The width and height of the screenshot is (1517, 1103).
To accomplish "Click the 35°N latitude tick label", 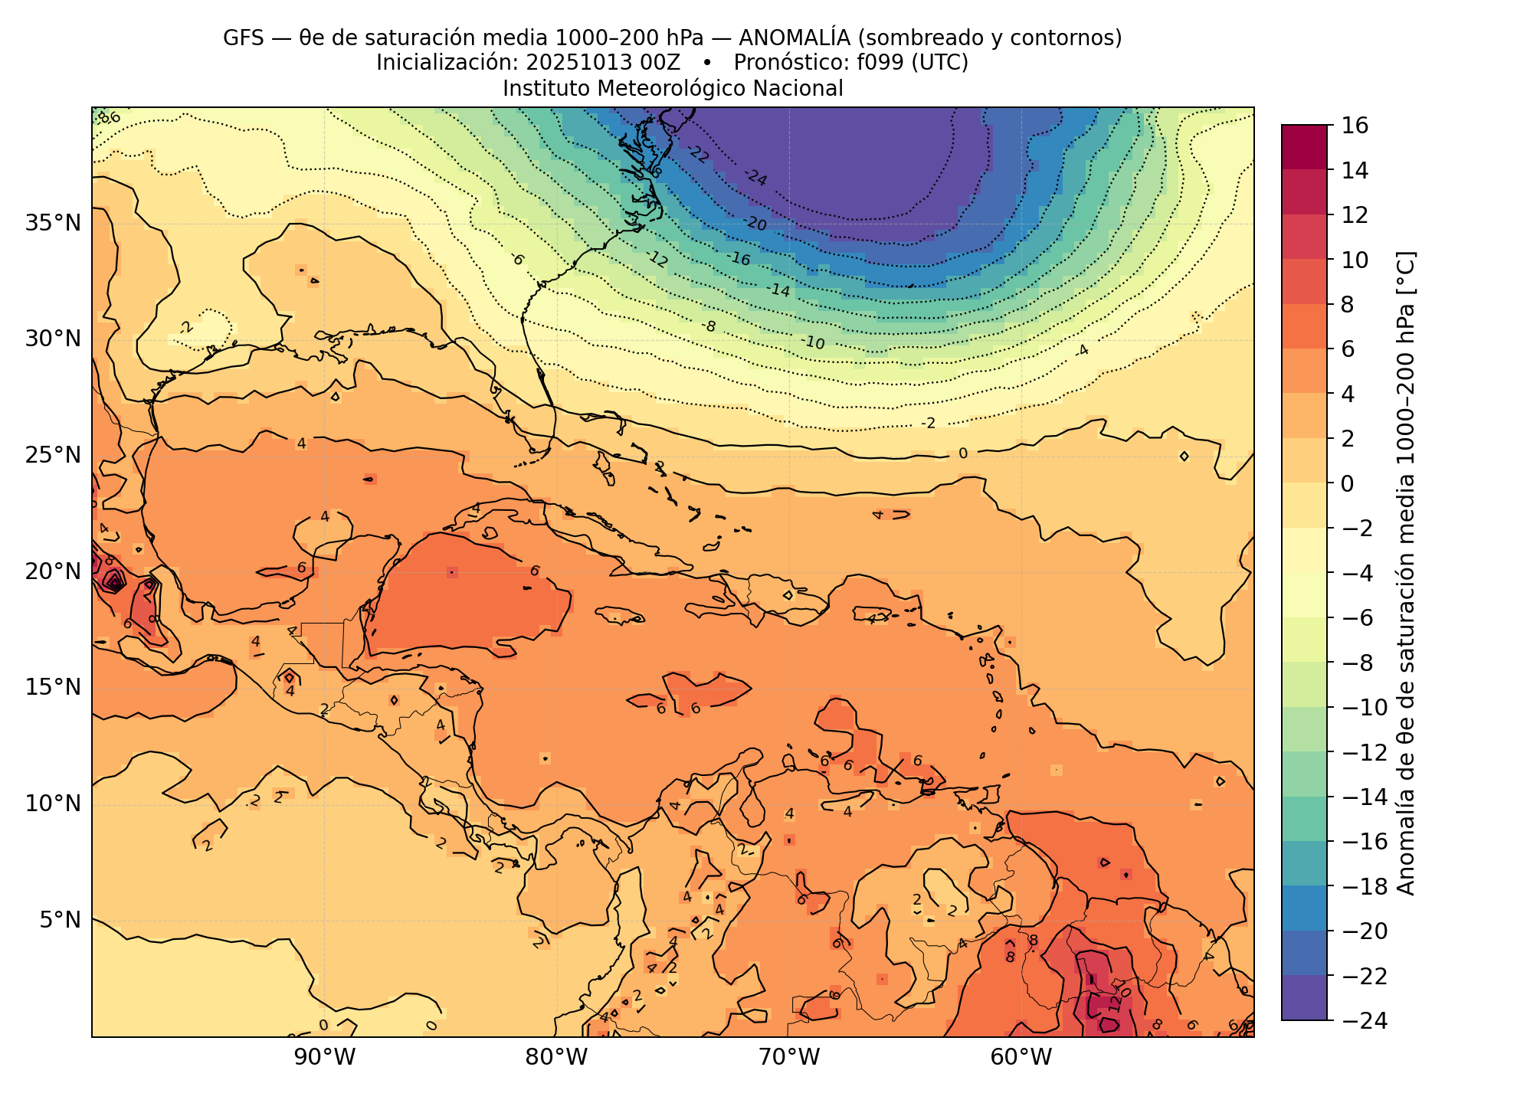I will (x=53, y=224).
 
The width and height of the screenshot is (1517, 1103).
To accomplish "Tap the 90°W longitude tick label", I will (x=325, y=1058).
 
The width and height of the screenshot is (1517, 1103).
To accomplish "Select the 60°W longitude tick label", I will (x=1021, y=1058).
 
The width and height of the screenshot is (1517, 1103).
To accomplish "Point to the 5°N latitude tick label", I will (x=59, y=919).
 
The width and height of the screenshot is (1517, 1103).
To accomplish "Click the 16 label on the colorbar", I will (x=1355, y=126).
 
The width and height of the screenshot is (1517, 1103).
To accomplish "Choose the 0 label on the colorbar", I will (x=1347, y=483).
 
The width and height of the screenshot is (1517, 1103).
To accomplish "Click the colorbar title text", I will (x=1406, y=573).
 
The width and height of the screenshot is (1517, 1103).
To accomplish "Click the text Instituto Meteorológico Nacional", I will (x=673, y=89).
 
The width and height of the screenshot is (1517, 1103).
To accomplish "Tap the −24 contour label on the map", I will (x=755, y=178).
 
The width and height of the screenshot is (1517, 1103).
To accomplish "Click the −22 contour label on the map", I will (x=697, y=154).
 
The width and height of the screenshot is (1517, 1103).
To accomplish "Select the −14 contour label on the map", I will (x=778, y=290).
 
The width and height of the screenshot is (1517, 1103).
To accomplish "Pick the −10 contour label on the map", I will (x=813, y=342).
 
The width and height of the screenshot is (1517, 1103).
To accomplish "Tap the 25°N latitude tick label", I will (x=53, y=456).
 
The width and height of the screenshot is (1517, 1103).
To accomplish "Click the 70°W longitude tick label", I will (x=790, y=1058).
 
